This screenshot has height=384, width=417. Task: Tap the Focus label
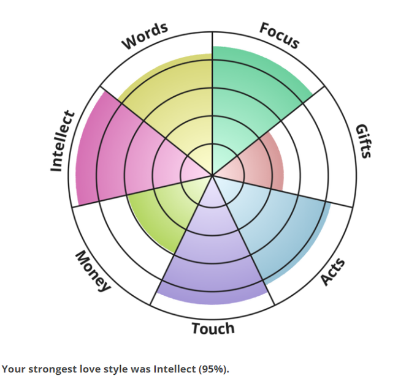tap(280, 35)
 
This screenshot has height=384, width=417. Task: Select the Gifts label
tap(364, 141)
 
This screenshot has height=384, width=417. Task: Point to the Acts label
tap(334, 272)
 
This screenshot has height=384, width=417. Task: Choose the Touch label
tap(213, 329)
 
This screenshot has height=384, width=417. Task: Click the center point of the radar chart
tap(212, 176)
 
